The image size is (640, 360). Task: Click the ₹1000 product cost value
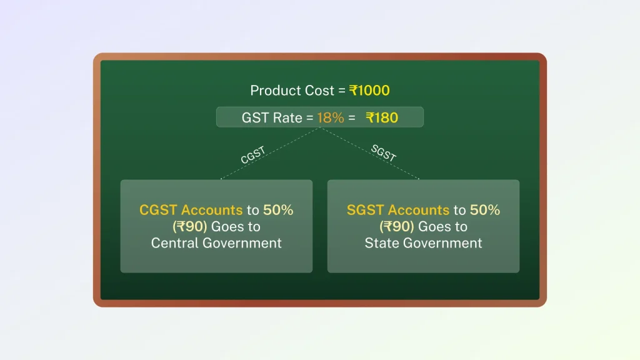369,90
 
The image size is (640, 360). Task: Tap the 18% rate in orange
331,117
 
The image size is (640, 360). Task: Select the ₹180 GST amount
382,117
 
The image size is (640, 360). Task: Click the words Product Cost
292,90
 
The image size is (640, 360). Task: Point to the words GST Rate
272,117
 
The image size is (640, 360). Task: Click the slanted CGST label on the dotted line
253,155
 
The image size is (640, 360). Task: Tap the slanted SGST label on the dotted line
384,153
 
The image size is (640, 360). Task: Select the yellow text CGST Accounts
191,210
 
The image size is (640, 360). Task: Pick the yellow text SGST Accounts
398,210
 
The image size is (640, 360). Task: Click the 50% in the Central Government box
278,210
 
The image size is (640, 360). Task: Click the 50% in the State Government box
485,210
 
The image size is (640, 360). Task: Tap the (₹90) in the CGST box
190,226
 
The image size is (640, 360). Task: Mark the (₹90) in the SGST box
397,226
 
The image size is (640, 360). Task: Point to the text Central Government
216,243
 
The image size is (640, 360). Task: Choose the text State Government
423,243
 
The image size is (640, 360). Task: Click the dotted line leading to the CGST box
270,154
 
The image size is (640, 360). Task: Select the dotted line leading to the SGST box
370,154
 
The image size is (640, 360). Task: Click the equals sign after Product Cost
342,91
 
